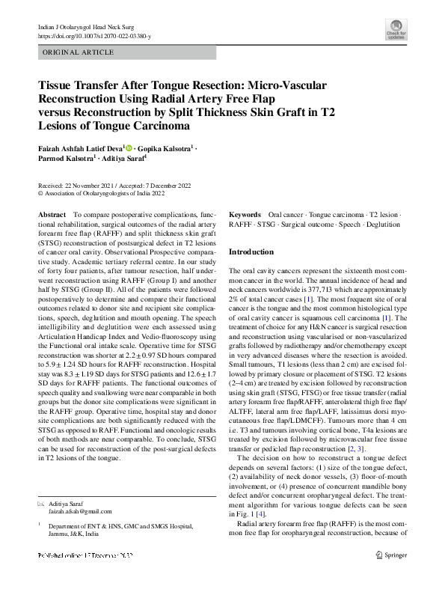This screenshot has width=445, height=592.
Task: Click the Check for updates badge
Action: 395,32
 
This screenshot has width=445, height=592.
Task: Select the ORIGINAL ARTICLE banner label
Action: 79,52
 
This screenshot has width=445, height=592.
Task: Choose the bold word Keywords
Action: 245,215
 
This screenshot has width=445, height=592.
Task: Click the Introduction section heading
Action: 251,252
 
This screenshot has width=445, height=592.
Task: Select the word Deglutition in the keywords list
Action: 382,224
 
